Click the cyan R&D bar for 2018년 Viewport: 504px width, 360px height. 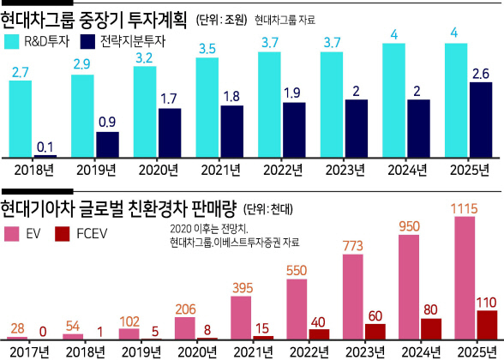click(21, 118)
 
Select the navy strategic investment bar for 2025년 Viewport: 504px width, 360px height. click(481, 120)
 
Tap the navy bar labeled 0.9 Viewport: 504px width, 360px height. click(108, 144)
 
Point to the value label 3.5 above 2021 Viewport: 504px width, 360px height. click(207, 49)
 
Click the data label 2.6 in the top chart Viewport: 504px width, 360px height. click(481, 74)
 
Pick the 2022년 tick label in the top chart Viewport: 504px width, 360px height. click(283, 170)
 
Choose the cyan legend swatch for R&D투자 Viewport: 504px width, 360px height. click(12, 41)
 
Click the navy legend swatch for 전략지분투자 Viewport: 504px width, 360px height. click(87, 41)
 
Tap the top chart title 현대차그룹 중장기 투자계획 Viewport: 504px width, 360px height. click(94, 20)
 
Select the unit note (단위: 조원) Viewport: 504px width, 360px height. click(221, 20)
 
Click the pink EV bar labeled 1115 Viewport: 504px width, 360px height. click(465, 278)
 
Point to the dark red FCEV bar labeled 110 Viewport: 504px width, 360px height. click(487, 325)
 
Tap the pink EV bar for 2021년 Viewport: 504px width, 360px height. click(241, 317)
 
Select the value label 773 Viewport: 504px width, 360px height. click(353, 246)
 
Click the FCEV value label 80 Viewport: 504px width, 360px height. click(430, 310)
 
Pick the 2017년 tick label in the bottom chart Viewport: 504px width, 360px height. click(29, 352)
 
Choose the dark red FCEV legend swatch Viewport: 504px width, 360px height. click(63, 234)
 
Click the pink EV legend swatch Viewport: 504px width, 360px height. click(12, 234)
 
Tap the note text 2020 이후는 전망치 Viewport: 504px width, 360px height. click(209, 229)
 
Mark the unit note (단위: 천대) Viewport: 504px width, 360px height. click(268, 209)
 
